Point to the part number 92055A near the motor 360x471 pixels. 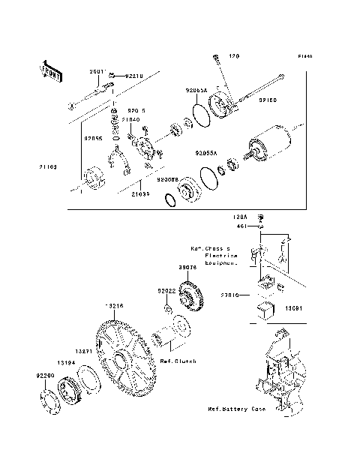pyautogui.click(x=205, y=152)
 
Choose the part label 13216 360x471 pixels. pyautogui.click(x=112, y=307)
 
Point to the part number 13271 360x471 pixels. pyautogui.click(x=83, y=350)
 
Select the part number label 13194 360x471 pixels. pyautogui.click(x=65, y=361)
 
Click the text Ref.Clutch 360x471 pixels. pyautogui.click(x=178, y=361)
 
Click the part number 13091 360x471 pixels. pyautogui.click(x=294, y=307)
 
